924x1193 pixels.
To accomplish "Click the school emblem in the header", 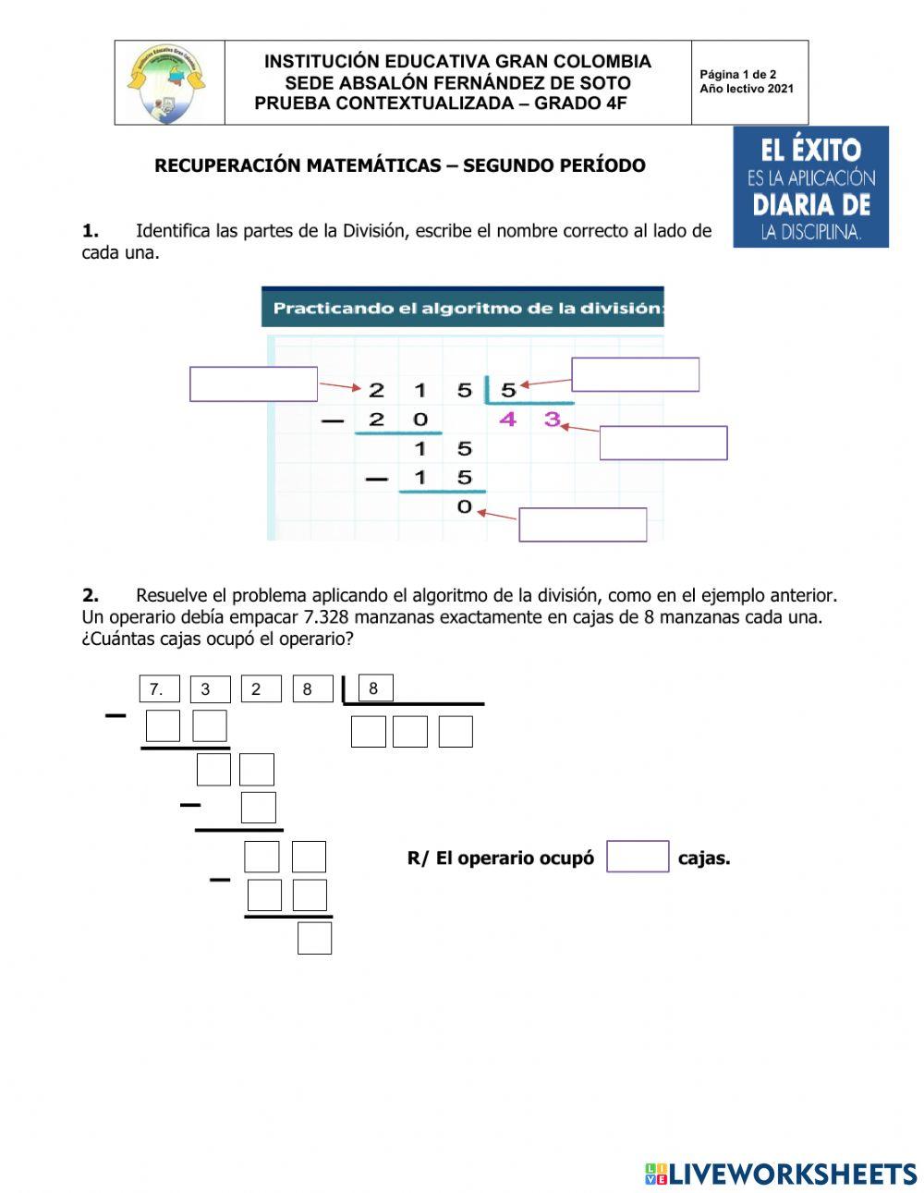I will pos(168,83).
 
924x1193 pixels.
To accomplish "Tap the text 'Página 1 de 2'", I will pos(737,75).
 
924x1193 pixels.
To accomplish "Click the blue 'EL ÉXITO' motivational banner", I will pos(810,188).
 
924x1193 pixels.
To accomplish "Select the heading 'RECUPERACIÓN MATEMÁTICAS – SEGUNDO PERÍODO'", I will pos(399,165).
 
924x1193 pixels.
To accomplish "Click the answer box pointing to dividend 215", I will pos(253,383).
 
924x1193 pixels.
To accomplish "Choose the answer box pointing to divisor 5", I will pos(635,374).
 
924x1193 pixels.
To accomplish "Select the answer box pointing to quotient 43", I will pos(663,443).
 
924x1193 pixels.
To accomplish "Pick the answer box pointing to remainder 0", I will pos(582,524).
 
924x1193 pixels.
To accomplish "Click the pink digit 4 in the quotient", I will pos(507,420).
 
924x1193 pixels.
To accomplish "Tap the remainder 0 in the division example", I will pos(464,506).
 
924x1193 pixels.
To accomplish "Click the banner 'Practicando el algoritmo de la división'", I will pos(462,308).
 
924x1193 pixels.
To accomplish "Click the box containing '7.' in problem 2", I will pos(159,689).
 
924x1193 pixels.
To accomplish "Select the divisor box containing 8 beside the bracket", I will pos(374,688).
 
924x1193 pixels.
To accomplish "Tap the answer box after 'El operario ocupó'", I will pos(637,857).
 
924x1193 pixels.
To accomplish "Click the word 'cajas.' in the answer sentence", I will pos(704,858).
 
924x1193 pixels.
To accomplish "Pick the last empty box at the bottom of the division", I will pos(314,938).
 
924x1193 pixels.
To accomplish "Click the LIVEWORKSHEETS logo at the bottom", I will pos(780,1174).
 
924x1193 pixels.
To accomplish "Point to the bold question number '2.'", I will pos(91,595).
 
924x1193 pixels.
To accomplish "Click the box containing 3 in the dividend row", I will pos(209,689).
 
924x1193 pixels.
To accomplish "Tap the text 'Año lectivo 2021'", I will pos(746,90).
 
